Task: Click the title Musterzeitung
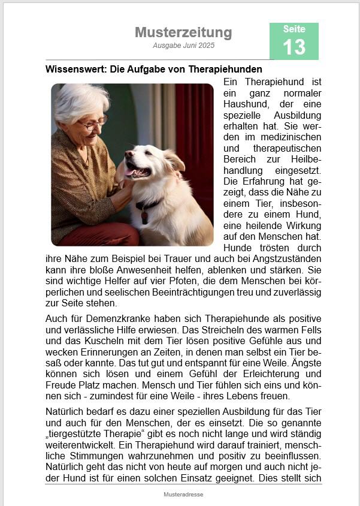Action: click(183, 32)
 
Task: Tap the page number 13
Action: click(294, 47)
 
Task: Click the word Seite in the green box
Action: click(294, 29)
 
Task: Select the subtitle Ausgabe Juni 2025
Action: click(183, 46)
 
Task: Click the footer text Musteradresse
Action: click(183, 495)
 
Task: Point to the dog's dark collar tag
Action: click(144, 216)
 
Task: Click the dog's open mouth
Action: click(134, 171)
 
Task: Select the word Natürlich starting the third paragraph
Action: click(67, 412)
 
